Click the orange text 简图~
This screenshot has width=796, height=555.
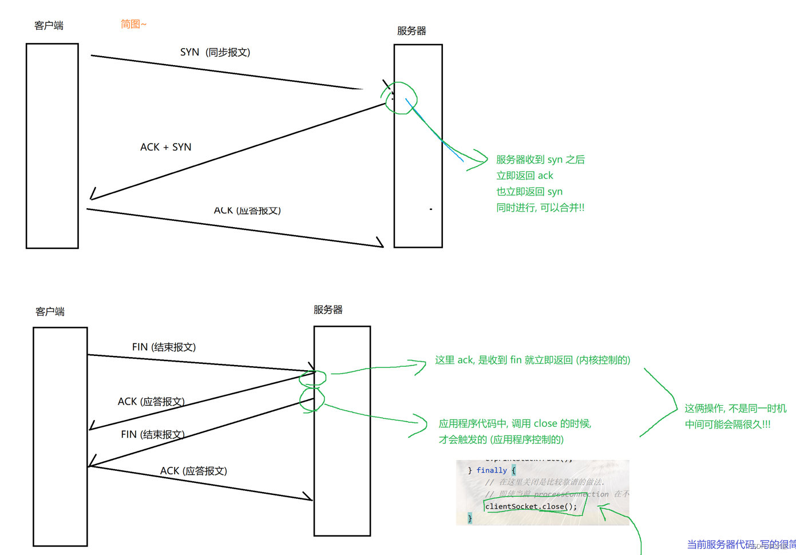pyautogui.click(x=133, y=24)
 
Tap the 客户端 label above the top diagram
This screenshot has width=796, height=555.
pyautogui.click(x=49, y=26)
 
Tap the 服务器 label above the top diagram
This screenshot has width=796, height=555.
pyautogui.click(x=411, y=31)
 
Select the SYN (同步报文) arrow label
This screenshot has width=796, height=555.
pyautogui.click(x=215, y=52)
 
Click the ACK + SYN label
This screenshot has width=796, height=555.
pyautogui.click(x=166, y=147)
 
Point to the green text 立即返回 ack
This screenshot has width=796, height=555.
pyautogui.click(x=524, y=176)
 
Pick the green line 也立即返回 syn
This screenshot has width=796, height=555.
pyautogui.click(x=529, y=192)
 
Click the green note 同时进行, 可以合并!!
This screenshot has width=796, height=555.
pyautogui.click(x=540, y=208)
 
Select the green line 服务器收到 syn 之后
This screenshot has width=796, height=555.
pyautogui.click(x=540, y=160)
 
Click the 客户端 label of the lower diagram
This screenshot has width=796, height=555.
pyautogui.click(x=50, y=312)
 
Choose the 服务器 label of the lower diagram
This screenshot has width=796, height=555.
pyautogui.click(x=328, y=310)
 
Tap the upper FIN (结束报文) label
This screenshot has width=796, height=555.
pyautogui.click(x=164, y=347)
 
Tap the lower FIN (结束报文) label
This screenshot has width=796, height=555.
pyautogui.click(x=153, y=435)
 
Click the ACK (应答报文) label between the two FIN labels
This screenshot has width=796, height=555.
pyautogui.click(x=151, y=402)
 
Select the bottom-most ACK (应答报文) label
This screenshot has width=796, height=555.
pyautogui.click(x=193, y=471)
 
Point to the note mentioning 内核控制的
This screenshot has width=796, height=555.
pyautogui.click(x=532, y=360)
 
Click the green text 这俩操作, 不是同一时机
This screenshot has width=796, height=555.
pyautogui.click(x=735, y=409)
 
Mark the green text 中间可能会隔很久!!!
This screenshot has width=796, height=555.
pyautogui.click(x=727, y=425)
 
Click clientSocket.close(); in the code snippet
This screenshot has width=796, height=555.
pyautogui.click(x=530, y=506)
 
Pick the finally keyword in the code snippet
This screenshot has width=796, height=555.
pyautogui.click(x=492, y=470)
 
